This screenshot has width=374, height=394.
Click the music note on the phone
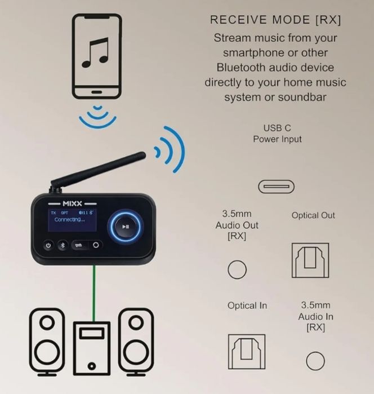tap(94, 52)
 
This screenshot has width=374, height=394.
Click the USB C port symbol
tap(276, 186)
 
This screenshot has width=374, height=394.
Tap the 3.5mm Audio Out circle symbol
tap(237, 269)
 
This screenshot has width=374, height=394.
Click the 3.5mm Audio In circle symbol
tap(315, 361)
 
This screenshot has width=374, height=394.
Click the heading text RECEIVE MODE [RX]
tap(275, 20)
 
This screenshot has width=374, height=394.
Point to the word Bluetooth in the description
tap(242, 68)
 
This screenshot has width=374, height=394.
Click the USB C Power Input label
tap(277, 134)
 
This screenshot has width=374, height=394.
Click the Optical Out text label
tap(313, 215)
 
